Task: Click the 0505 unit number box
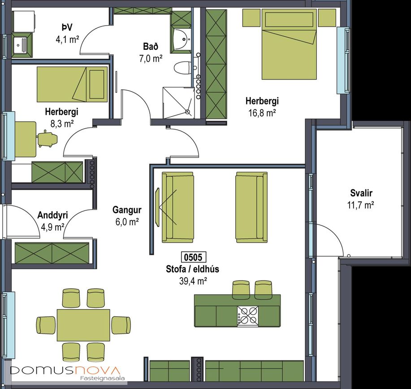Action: [194, 257]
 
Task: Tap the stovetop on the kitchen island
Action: [248, 316]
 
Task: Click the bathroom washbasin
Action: [181, 39]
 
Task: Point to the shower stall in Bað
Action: [178, 103]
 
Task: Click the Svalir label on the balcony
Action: [361, 193]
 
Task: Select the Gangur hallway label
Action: [127, 210]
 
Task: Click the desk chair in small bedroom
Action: [48, 139]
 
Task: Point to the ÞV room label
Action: [67, 27]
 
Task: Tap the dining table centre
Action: [83, 325]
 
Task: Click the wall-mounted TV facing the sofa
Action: [158, 207]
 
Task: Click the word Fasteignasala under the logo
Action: [102, 378]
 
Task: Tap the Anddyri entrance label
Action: [53, 215]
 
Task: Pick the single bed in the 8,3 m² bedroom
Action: [72, 84]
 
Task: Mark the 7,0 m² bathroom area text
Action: [151, 58]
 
